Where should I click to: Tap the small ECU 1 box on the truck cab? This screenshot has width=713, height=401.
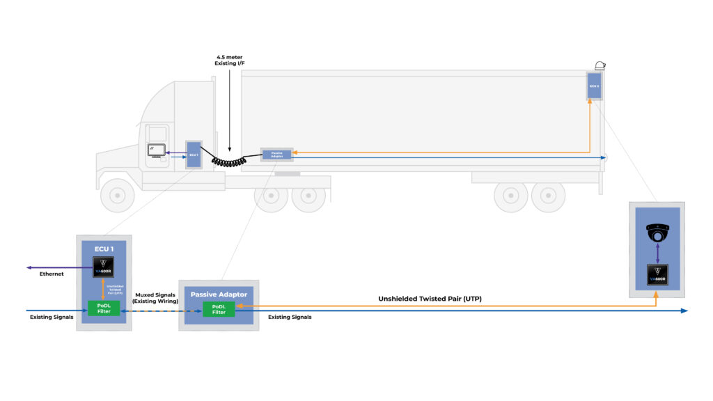193,154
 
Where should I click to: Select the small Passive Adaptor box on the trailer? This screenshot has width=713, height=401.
276,154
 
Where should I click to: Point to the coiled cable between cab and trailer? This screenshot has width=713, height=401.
230,162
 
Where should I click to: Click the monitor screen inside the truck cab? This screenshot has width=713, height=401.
155,150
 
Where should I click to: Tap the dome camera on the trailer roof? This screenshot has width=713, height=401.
600,65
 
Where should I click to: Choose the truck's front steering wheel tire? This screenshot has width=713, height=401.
117,195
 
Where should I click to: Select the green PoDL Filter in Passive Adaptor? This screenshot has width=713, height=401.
219,309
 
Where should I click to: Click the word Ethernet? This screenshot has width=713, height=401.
52,274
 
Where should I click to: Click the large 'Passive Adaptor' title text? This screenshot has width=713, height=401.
219,294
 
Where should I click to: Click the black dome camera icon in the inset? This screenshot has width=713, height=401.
657,232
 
